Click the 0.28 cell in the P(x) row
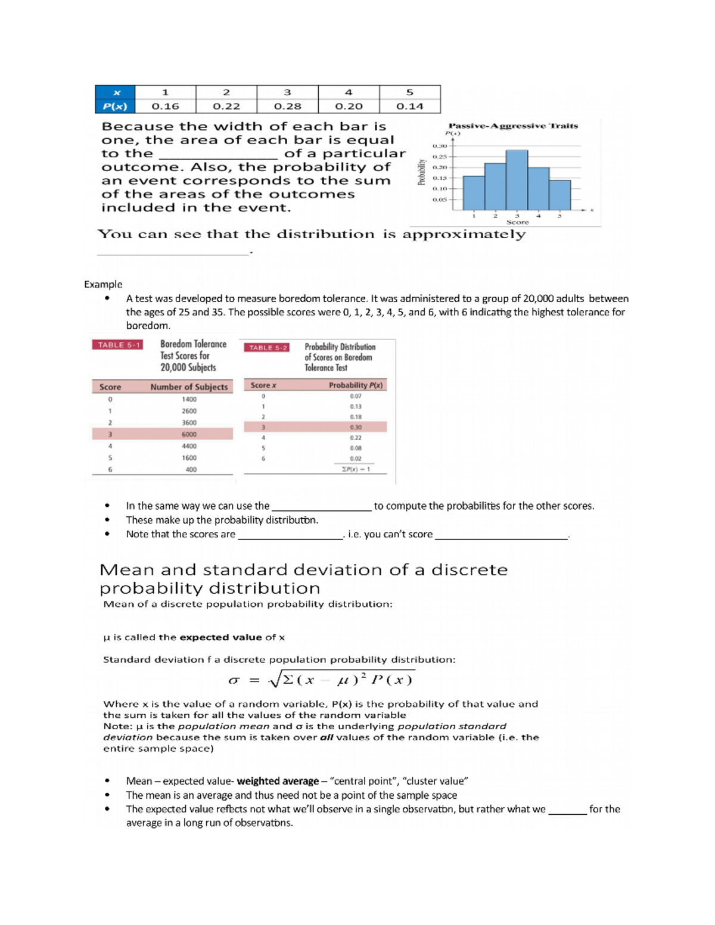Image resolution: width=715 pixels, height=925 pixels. click(x=287, y=106)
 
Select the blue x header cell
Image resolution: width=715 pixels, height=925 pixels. click(x=116, y=92)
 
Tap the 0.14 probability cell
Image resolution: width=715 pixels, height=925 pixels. click(x=409, y=106)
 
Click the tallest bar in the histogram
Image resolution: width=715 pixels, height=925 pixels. click(x=517, y=180)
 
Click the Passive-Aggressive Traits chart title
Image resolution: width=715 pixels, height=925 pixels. click(x=513, y=126)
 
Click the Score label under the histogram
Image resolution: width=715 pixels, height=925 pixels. click(x=517, y=222)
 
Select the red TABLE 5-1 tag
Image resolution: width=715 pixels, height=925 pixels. click(x=118, y=345)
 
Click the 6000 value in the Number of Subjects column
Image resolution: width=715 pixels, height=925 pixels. click(x=189, y=434)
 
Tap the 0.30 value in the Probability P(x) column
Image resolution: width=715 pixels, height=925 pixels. click(x=356, y=427)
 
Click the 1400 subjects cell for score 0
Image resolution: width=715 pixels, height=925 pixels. click(x=189, y=399)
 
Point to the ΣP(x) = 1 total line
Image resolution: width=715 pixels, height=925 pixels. click(x=356, y=469)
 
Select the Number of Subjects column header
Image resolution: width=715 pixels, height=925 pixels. click(x=189, y=387)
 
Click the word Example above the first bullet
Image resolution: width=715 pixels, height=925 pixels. click(x=103, y=284)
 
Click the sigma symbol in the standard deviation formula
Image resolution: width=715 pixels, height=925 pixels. click(x=234, y=680)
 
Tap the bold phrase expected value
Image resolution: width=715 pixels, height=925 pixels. click(x=220, y=637)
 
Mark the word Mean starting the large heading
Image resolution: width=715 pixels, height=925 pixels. click(x=127, y=570)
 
